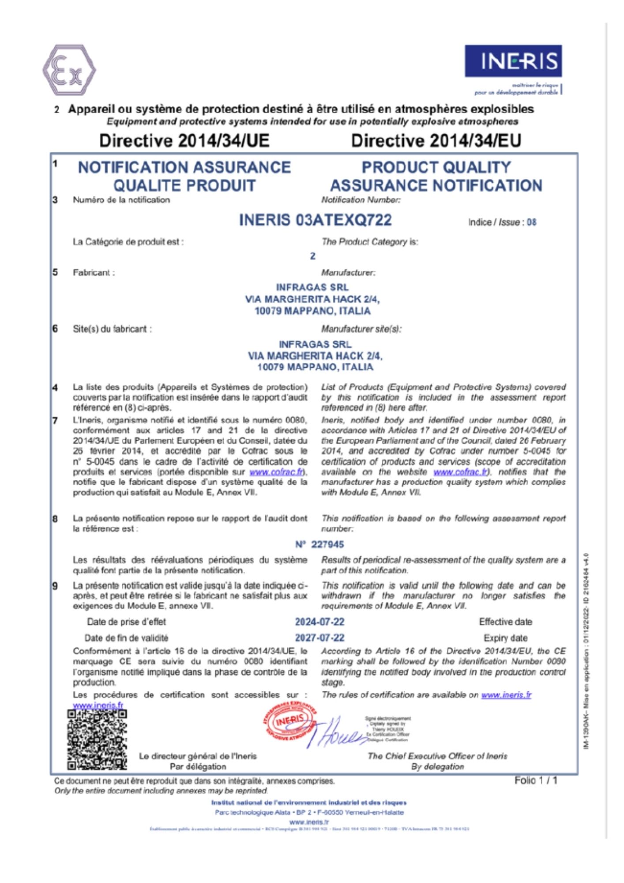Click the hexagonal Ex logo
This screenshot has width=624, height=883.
[x=69, y=70]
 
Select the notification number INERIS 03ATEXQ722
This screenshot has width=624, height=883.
[x=315, y=220]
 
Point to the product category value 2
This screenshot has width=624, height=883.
[x=313, y=256]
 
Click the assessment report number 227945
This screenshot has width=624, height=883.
[x=327, y=544]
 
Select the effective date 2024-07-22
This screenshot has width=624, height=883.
[x=320, y=622]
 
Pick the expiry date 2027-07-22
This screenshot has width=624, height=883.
[x=320, y=638]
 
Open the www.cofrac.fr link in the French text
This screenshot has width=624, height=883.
[x=277, y=472]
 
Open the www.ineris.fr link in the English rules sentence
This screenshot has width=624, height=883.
[x=506, y=695]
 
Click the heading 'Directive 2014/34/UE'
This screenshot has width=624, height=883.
[x=184, y=141]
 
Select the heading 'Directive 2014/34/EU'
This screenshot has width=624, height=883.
[x=436, y=141]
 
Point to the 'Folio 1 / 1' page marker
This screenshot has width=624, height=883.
[x=536, y=781]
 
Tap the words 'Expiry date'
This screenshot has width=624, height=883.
[x=505, y=638]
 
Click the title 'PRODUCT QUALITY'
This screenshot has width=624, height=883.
[x=436, y=167]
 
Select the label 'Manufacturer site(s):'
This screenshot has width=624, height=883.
[x=361, y=329]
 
